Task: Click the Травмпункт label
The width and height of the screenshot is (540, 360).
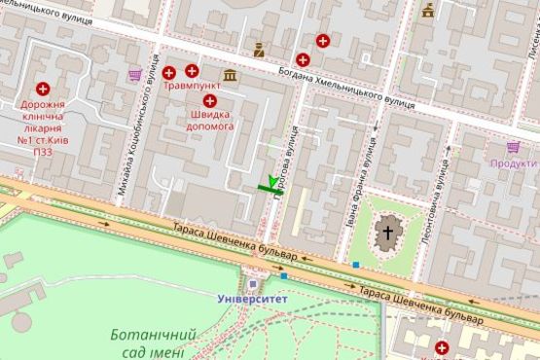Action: (x=193, y=86)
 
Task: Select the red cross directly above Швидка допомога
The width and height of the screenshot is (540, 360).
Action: (x=210, y=99)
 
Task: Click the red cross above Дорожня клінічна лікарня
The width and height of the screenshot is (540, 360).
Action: (x=43, y=89)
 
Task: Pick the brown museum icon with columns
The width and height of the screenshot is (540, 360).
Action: (x=230, y=75)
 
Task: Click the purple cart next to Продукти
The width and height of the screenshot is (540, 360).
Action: (x=514, y=148)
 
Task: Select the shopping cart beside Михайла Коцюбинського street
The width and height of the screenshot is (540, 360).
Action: (x=134, y=74)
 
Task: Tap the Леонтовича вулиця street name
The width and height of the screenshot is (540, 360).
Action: (x=438, y=185)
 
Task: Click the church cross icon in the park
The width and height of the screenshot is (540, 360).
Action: (x=388, y=233)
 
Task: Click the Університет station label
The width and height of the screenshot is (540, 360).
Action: (x=252, y=299)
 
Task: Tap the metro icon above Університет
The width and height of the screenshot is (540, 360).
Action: (x=252, y=284)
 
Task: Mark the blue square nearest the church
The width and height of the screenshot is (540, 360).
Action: (x=356, y=264)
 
